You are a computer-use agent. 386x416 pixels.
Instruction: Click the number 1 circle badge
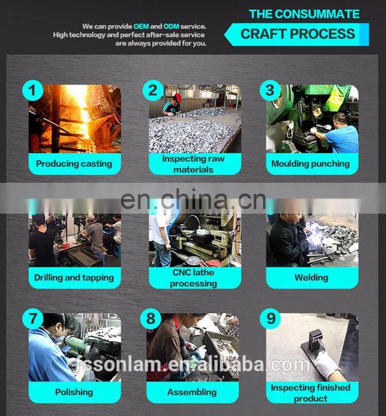click(32, 90)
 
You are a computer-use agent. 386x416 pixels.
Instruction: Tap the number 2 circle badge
click(153, 90)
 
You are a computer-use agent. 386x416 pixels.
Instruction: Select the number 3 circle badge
click(270, 90)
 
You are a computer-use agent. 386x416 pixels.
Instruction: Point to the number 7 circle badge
click(32, 319)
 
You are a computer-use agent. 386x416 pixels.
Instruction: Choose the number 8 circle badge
click(151, 319)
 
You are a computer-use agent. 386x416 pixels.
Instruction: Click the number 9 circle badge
click(270, 319)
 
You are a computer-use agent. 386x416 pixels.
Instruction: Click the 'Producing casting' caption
click(74, 164)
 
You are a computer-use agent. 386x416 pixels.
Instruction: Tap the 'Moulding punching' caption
click(311, 164)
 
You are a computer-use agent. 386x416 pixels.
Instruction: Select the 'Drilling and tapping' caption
click(74, 278)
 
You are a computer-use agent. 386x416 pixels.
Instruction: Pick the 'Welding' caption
click(311, 278)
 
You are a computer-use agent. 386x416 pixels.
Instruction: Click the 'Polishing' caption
click(74, 392)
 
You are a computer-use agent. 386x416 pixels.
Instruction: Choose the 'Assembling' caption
click(192, 392)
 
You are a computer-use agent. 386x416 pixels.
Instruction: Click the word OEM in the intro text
click(141, 27)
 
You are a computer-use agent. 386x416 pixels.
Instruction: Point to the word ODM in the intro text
click(171, 27)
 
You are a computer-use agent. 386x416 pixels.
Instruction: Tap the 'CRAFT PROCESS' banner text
click(297, 34)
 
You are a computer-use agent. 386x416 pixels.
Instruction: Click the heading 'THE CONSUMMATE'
click(304, 14)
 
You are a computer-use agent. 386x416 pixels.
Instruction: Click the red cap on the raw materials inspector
click(178, 97)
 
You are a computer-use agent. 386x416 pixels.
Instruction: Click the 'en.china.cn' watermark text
click(193, 200)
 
